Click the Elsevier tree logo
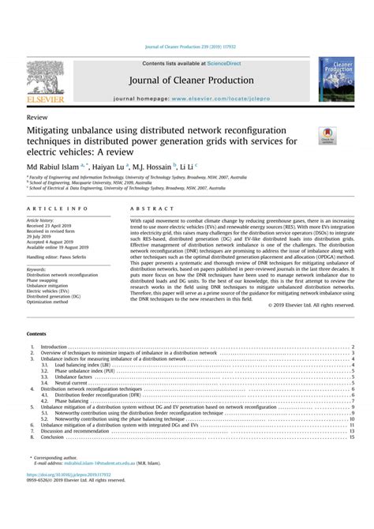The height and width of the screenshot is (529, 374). [x=45, y=81]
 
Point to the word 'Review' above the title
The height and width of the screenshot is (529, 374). [x=36, y=116]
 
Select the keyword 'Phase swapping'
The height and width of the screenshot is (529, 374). [x=46, y=280]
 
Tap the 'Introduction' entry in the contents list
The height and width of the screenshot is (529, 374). [x=54, y=346]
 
